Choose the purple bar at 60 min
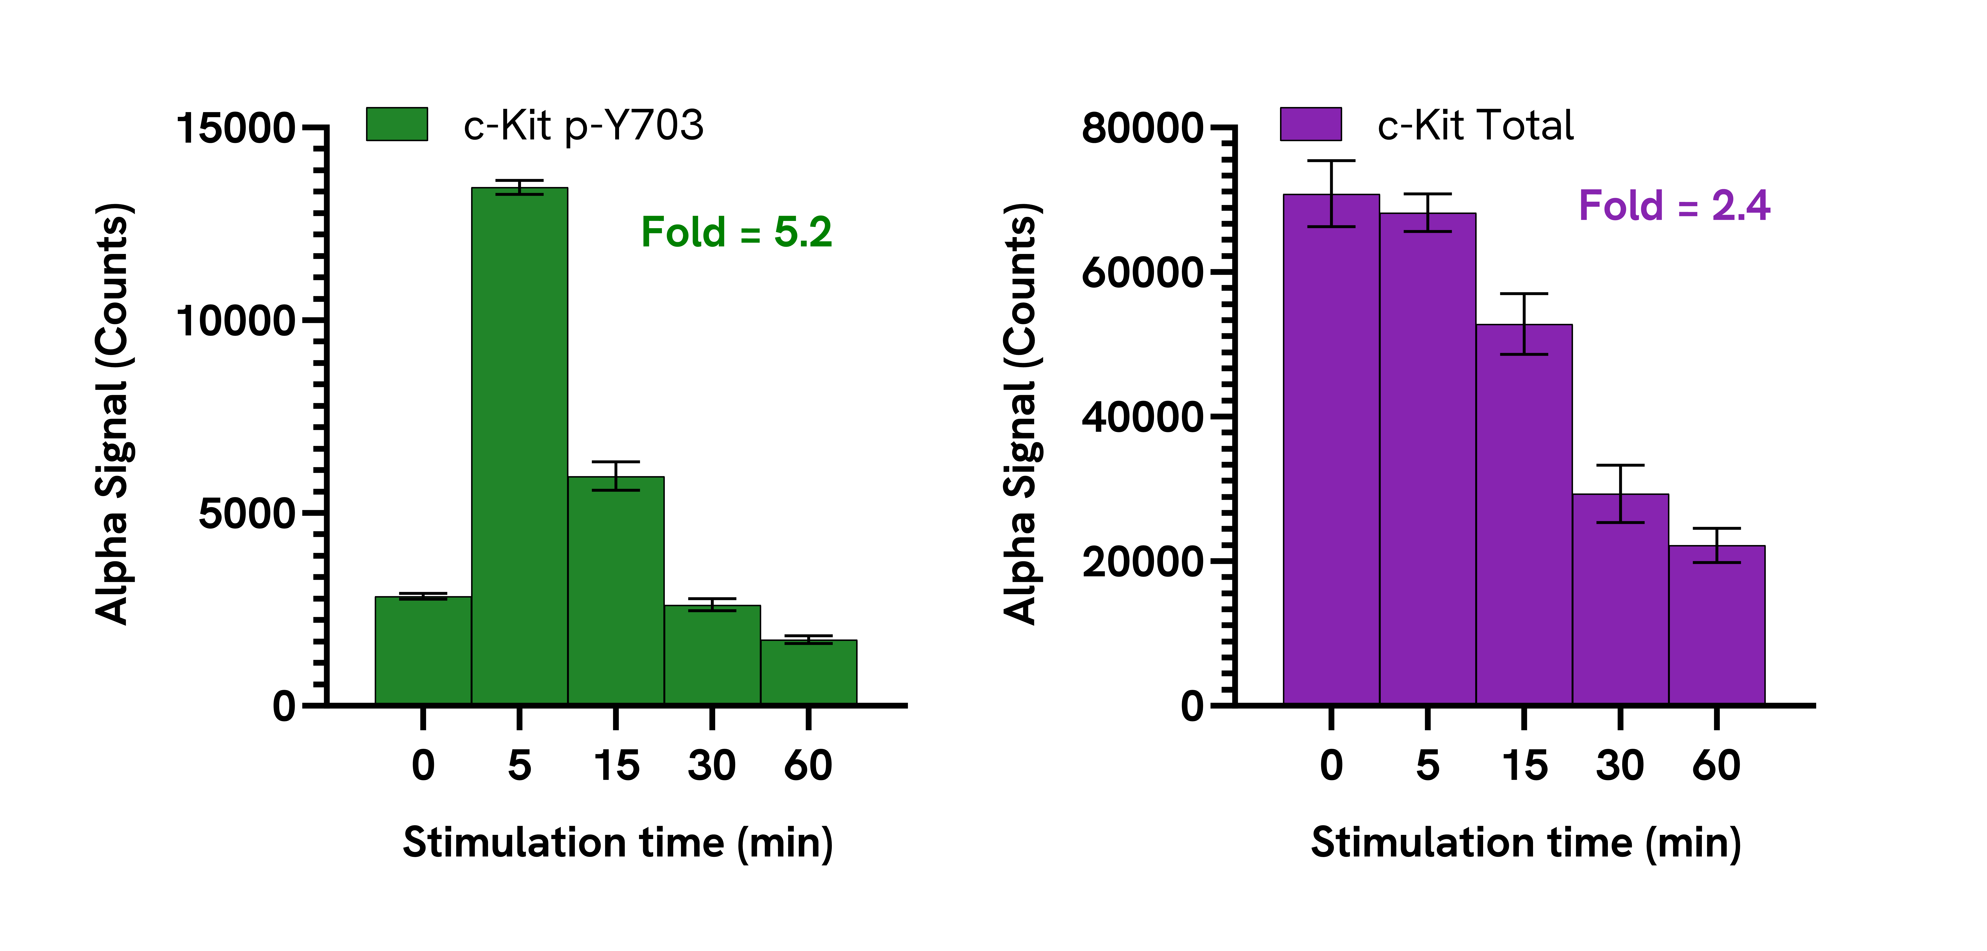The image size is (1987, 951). [1716, 625]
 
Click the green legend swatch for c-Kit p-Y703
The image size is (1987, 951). [396, 124]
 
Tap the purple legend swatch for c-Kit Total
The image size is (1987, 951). [1311, 124]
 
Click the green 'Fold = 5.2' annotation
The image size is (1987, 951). [737, 232]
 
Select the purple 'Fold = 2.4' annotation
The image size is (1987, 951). [1674, 206]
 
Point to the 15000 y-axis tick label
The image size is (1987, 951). [235, 128]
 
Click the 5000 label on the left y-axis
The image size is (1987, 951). [247, 514]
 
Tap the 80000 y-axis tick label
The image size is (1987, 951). [1142, 128]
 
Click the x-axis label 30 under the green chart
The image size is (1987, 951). [711, 766]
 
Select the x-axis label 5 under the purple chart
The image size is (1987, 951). [1427, 766]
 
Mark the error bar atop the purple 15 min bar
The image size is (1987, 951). [1523, 324]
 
